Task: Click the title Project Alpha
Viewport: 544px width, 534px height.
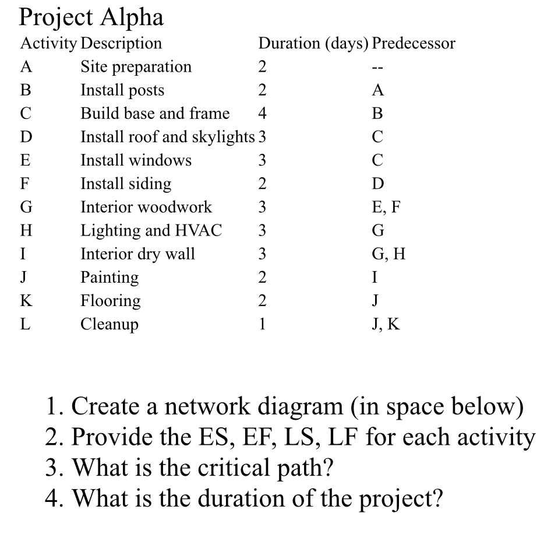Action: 91,18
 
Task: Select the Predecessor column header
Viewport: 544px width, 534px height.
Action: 414,43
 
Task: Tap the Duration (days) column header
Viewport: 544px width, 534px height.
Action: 313,43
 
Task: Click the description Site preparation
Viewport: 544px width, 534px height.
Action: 136,67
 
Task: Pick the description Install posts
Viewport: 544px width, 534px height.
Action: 122,90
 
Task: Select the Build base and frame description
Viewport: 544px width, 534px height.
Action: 155,114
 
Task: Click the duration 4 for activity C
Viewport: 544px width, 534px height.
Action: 262,114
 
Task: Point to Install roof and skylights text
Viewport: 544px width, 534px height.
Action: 168,137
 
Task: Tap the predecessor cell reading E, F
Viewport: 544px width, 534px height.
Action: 385,207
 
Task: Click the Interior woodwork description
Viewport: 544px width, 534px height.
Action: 146,207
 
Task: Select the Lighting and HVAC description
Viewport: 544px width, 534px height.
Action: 151,230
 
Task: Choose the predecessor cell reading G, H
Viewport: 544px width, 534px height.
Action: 387,254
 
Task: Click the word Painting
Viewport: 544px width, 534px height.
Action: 109,277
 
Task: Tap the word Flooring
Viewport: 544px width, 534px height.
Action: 111,301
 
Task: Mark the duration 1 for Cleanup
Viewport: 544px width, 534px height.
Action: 262,324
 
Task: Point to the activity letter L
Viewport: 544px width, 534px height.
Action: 25,324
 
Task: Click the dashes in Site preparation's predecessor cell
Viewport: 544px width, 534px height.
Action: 377,68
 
